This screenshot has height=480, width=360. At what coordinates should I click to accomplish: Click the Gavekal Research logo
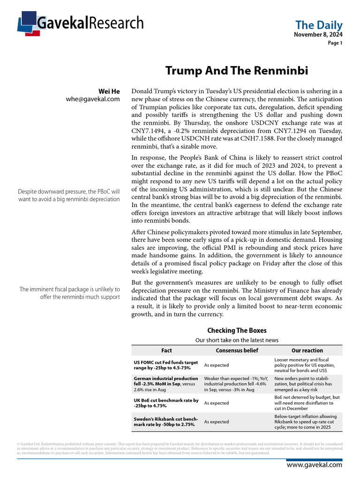pyautogui.click(x=80, y=23)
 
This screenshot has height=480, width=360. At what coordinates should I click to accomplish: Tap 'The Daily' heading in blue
pyautogui.click(x=319, y=25)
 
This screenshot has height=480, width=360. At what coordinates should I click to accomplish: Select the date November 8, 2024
pyautogui.click(x=318, y=35)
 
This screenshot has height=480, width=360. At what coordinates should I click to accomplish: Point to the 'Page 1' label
pyautogui.click(x=335, y=43)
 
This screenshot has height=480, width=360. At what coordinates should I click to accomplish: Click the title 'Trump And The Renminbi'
pyautogui.click(x=237, y=71)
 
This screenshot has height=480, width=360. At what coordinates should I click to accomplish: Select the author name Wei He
pyautogui.click(x=109, y=91)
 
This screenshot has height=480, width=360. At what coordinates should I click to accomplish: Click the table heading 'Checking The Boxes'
pyautogui.click(x=237, y=330)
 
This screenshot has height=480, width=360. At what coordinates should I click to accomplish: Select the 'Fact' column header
pyautogui.click(x=166, y=350)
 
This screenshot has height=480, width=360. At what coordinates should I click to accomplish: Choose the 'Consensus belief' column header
pyautogui.click(x=237, y=350)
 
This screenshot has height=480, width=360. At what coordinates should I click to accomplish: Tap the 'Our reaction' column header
pyautogui.click(x=307, y=350)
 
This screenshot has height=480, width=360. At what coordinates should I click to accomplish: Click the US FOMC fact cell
pyautogui.click(x=166, y=365)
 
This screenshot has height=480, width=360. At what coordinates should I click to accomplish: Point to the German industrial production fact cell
pyautogui.click(x=166, y=384)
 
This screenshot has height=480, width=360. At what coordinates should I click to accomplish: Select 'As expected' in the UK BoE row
pyautogui.click(x=217, y=403)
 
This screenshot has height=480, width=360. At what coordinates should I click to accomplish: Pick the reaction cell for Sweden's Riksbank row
pyautogui.click(x=307, y=422)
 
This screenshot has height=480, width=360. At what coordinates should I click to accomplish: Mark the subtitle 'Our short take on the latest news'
pyautogui.click(x=237, y=340)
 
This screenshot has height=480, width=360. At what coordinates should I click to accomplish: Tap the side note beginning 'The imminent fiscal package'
pyautogui.click(x=70, y=293)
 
